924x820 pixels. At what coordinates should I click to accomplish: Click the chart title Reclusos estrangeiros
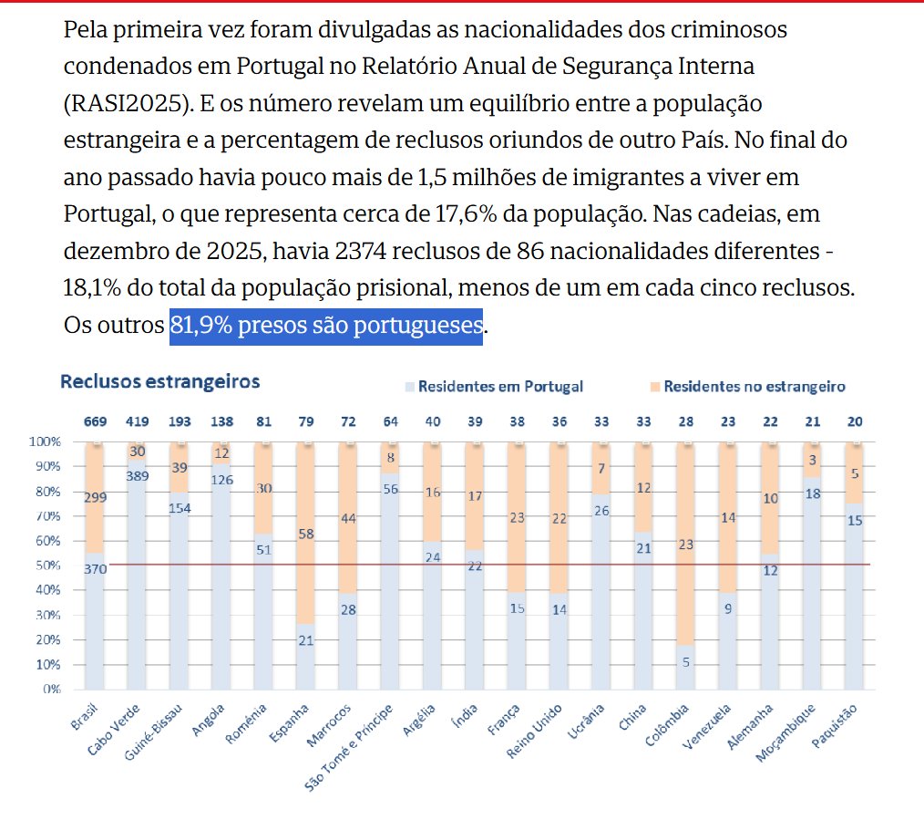pyautogui.click(x=159, y=381)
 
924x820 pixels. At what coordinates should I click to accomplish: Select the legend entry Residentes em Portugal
pyautogui.click(x=500, y=387)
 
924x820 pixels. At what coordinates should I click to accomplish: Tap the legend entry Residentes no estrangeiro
pyautogui.click(x=754, y=387)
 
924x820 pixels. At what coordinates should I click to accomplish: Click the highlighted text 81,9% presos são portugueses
pyautogui.click(x=325, y=325)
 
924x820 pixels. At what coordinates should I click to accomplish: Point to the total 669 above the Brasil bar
pyautogui.click(x=96, y=422)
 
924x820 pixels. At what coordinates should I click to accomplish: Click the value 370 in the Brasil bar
pyautogui.click(x=96, y=568)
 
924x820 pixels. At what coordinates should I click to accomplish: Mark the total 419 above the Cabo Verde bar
pyautogui.click(x=139, y=422)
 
